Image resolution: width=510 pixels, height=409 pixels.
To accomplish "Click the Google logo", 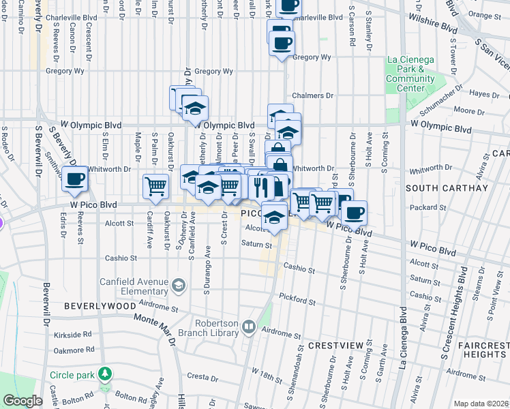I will point(22,401).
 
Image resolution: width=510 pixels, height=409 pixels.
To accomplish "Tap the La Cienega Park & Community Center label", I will point(410,74).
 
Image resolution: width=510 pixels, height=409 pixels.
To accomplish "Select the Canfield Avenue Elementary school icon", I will point(179,284).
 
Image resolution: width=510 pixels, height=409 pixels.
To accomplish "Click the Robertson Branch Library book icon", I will point(249,329).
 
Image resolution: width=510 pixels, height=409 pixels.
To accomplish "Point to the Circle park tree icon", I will point(104,374).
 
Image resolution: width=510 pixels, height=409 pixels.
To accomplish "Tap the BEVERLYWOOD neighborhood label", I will point(100,307).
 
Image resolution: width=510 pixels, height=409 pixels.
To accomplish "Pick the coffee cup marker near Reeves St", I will point(74,179).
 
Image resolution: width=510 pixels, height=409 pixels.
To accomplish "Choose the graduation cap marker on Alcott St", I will point(274,216).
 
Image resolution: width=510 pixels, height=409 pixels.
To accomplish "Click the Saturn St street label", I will point(256,243).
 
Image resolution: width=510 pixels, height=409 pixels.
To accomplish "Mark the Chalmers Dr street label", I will point(312,96).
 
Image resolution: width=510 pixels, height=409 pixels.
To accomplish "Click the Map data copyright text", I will point(481,404).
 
